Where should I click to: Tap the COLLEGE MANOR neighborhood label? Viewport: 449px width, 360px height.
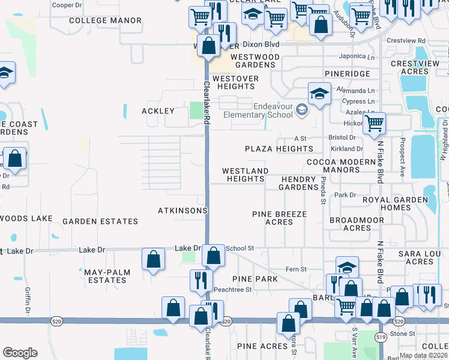click(x=105, y=20)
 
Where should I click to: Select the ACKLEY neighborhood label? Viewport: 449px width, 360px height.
click(x=158, y=111)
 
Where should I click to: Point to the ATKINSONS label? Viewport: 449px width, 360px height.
click(x=182, y=211)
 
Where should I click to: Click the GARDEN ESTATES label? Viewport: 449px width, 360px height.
click(x=100, y=221)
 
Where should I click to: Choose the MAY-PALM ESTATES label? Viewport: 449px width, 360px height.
click(x=106, y=277)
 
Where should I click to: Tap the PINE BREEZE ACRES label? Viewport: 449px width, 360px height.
click(x=279, y=218)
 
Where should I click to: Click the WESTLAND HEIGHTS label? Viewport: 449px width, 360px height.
click(x=245, y=175)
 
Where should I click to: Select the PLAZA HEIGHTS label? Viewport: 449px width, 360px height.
click(x=279, y=149)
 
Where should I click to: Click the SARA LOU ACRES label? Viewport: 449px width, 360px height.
click(x=420, y=258)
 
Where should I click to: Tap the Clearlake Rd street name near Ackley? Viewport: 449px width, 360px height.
click(x=206, y=102)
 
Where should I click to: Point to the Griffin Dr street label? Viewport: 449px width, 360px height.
click(x=28, y=300)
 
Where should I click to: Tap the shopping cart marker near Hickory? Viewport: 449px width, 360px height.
click(x=374, y=124)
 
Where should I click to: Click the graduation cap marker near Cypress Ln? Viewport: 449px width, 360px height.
click(x=319, y=94)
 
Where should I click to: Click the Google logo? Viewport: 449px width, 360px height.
click(x=20, y=353)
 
